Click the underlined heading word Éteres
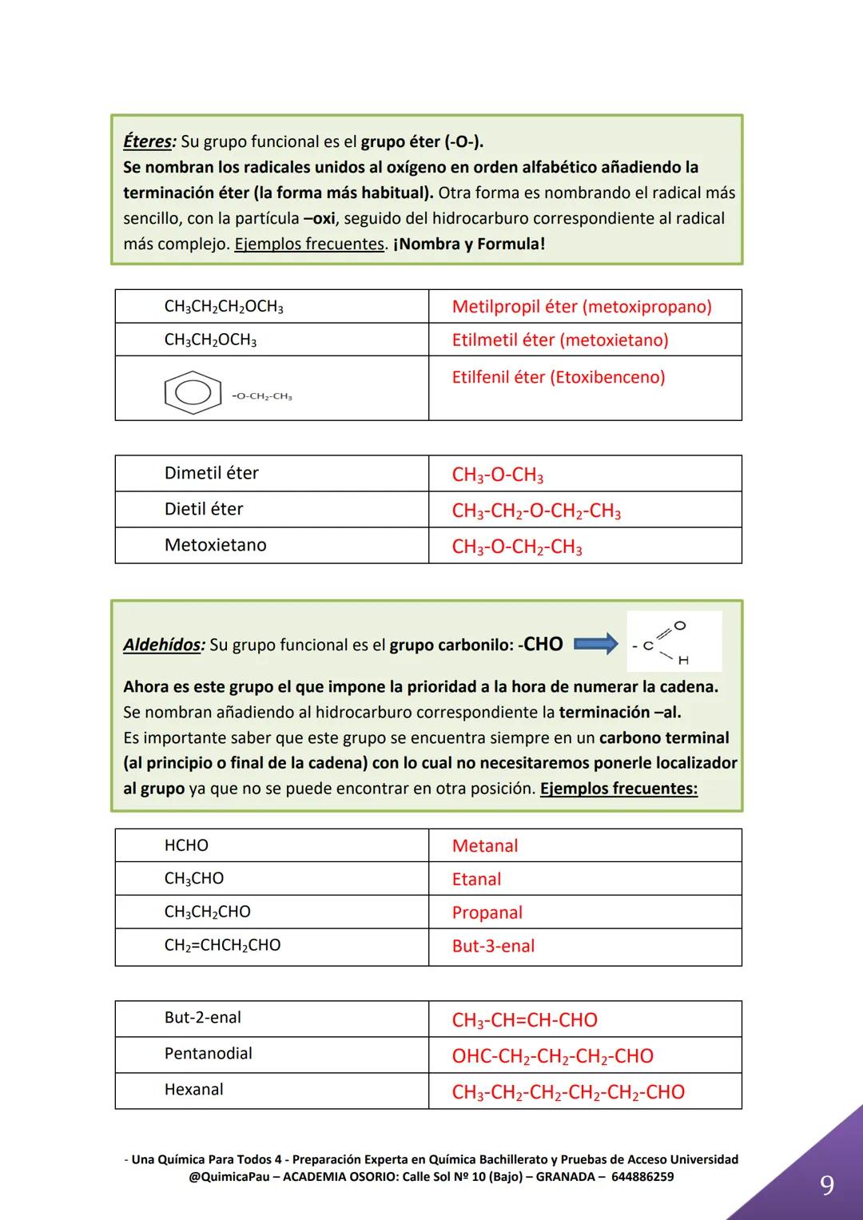pos(148,141)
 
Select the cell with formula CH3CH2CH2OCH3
pos(224,307)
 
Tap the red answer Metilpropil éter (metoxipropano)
pos(581,307)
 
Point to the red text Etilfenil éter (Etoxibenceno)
pos(558,377)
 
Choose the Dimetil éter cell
pos(211,473)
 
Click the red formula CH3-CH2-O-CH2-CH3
pos(536,511)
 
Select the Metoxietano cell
pos(215,545)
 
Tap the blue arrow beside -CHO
pos(596,643)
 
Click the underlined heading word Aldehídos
pos(163,645)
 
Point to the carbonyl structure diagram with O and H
pos(674,642)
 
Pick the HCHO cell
pos(186,845)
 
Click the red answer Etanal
pos(476,879)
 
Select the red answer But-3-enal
pos(493,946)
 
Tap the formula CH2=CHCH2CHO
pos(222,945)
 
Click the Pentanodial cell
pos(208,1054)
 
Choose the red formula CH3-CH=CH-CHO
pos(524,1020)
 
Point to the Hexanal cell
pos(193,1090)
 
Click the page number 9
pos(827,1185)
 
